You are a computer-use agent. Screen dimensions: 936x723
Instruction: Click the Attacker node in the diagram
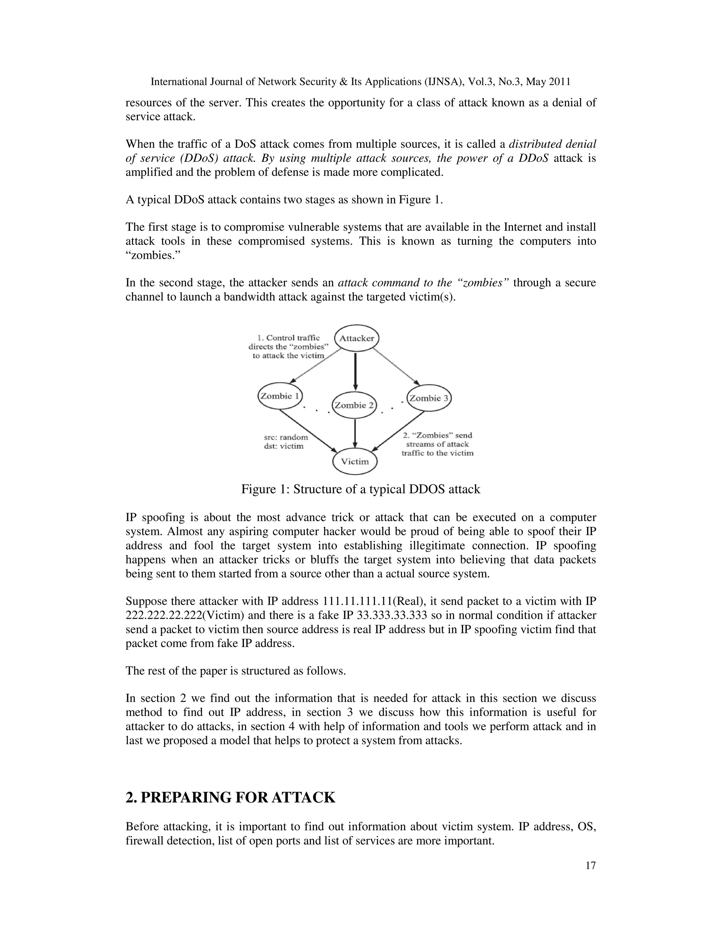356,338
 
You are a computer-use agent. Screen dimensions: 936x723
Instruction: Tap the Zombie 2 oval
354,405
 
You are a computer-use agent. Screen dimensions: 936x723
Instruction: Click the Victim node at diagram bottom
355,462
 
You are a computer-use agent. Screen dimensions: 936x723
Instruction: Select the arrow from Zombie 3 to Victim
398,431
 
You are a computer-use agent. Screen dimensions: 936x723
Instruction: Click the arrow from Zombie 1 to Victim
307,430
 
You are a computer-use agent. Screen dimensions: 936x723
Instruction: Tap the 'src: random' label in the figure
286,437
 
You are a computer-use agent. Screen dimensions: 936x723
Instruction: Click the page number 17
590,865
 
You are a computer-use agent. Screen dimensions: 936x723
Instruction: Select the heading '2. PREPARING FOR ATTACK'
230,797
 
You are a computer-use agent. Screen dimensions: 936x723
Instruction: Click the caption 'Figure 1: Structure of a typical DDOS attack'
361,489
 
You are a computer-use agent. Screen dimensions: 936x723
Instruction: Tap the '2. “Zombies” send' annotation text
437,435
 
